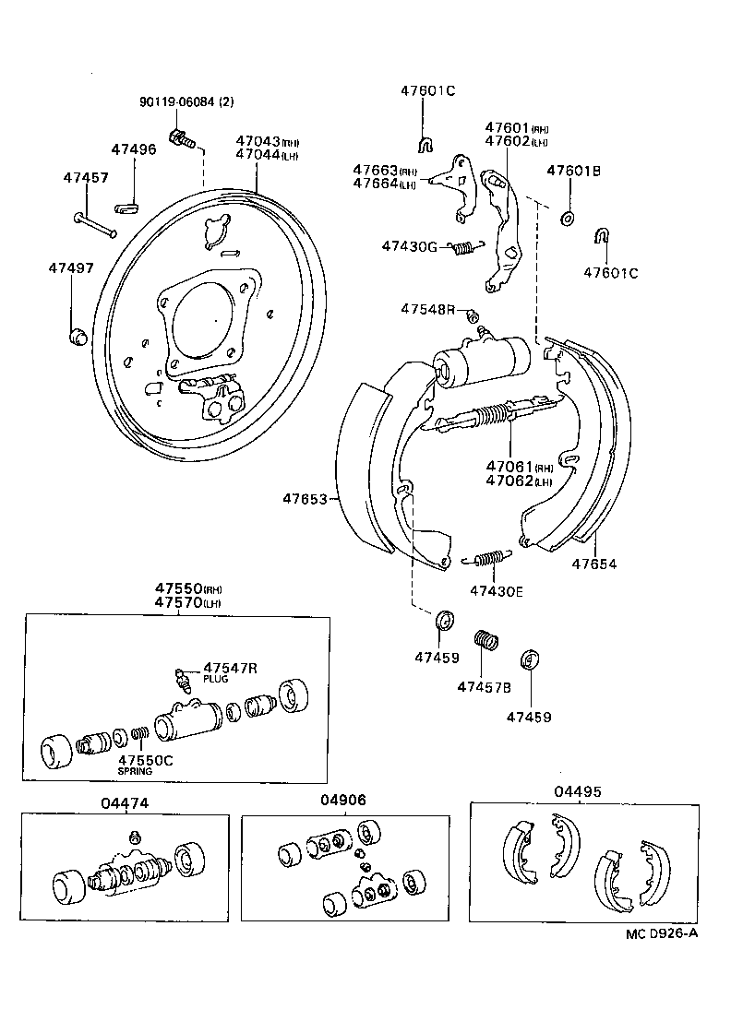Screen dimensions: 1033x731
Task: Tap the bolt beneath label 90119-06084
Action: [181, 139]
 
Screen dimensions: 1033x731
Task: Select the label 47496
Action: [134, 148]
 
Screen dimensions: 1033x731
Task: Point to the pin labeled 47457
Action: [92, 222]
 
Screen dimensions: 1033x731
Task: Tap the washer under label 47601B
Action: [568, 218]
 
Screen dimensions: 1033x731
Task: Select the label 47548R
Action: [427, 309]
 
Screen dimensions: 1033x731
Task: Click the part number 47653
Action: [305, 499]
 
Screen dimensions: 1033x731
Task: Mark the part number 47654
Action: [593, 564]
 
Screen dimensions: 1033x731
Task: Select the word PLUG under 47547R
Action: [215, 679]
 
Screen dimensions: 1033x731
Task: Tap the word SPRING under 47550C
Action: [135, 770]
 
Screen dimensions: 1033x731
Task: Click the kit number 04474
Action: [125, 802]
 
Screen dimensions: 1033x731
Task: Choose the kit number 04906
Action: [343, 800]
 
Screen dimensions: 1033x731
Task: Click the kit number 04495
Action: [578, 790]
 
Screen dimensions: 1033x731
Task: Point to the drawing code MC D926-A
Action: [661, 932]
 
